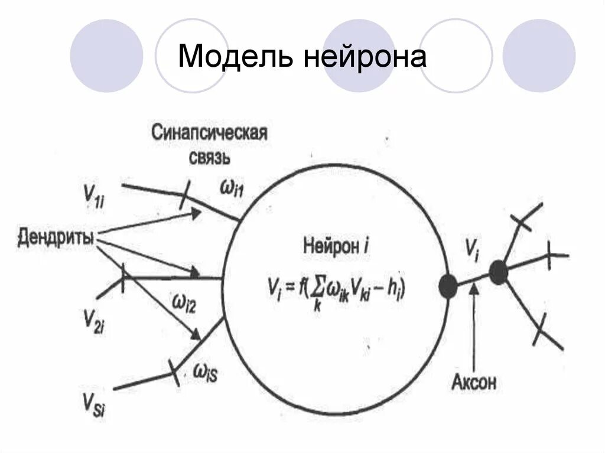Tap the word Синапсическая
209,132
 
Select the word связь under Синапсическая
209,156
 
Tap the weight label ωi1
232,188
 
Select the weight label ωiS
205,373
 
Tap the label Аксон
474,382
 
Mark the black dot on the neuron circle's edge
448,286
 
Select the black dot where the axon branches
498,272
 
